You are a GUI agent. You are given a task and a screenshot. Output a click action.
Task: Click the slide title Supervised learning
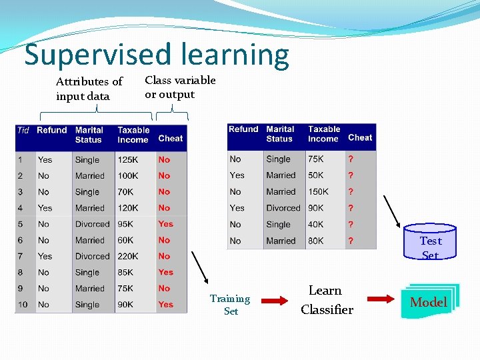[x=157, y=55]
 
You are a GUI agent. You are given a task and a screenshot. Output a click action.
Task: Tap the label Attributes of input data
[x=89, y=89]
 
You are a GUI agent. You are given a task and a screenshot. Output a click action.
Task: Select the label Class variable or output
[x=180, y=87]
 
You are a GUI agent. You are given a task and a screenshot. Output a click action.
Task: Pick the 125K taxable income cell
[x=128, y=160]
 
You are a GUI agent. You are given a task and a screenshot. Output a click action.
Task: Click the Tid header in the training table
[x=23, y=130]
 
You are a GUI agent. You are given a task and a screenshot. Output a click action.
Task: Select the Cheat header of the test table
[x=360, y=137]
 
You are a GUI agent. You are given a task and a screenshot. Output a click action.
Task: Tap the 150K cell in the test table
[x=318, y=191]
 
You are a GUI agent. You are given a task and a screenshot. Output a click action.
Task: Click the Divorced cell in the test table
[x=283, y=208]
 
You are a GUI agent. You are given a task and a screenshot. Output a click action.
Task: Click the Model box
[x=428, y=302]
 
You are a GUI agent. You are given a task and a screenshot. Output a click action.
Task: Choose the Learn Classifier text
[x=326, y=300]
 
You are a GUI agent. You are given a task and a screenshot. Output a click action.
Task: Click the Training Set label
[x=230, y=305]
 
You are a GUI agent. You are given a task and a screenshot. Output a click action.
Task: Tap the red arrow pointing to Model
[x=380, y=301]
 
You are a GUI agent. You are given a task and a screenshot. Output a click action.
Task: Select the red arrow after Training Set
[x=274, y=301]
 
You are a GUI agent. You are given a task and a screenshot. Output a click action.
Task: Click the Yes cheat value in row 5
[x=165, y=224]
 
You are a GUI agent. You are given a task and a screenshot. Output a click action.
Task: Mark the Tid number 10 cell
[x=23, y=305]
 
